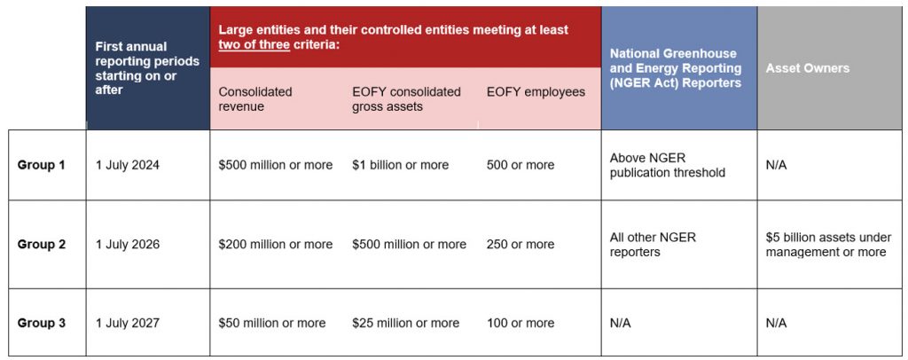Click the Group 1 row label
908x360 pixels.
(41, 165)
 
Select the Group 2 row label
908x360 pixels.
(41, 245)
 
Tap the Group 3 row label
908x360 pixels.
(41, 324)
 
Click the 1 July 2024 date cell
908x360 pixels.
(128, 165)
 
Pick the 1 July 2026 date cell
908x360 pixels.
(128, 245)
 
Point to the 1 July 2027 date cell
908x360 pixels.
(128, 324)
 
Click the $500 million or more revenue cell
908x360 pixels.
(276, 165)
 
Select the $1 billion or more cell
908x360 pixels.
(400, 165)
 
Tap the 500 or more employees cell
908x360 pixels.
(521, 165)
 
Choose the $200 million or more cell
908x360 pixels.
(276, 245)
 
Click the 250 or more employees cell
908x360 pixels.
(521, 245)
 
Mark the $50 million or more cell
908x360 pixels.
(272, 324)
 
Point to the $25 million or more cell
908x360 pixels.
(405, 324)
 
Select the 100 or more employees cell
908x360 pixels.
(521, 324)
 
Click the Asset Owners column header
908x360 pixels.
(808, 68)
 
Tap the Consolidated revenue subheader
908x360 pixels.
(255, 99)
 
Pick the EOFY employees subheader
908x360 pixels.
(536, 92)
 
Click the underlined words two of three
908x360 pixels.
(254, 44)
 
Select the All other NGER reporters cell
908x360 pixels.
(654, 245)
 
